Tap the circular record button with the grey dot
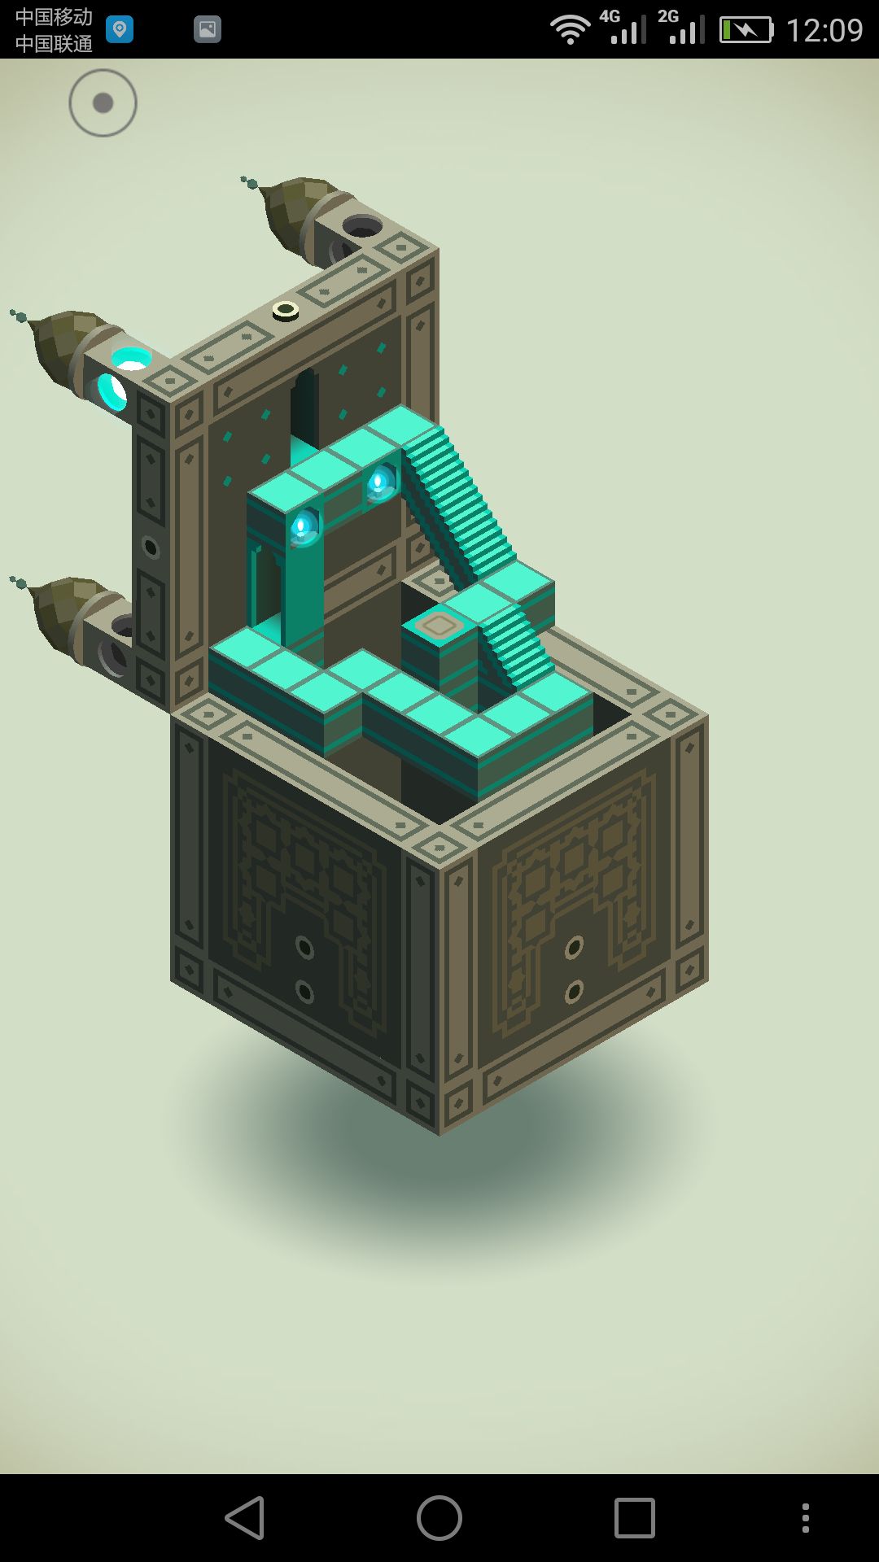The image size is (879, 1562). click(103, 103)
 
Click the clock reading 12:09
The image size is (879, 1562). click(824, 30)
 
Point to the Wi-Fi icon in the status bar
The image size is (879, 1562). click(570, 30)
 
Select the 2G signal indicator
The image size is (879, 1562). click(681, 27)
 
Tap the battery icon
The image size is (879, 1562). click(746, 30)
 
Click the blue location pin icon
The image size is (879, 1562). click(120, 30)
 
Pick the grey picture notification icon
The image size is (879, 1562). click(208, 30)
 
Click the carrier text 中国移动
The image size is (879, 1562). click(54, 17)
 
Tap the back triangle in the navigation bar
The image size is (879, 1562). click(245, 1518)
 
